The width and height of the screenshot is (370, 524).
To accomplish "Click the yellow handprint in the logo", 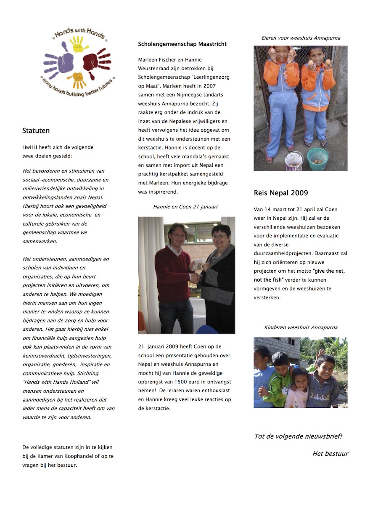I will tap(79, 44).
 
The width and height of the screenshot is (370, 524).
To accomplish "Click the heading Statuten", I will tap(36, 131).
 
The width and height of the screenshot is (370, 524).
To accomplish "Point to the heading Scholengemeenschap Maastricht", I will tap(182, 44).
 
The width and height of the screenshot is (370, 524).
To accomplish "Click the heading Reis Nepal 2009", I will tap(280, 193).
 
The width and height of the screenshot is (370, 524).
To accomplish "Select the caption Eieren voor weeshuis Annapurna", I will tap(301, 38).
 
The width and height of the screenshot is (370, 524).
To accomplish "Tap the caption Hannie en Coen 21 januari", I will tap(185, 207).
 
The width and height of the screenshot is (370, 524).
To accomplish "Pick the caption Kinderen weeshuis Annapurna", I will tap(301, 327).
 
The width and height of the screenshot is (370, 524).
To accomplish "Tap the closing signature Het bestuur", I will tap(330, 454).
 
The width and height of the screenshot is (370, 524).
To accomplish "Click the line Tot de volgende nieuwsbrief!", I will tap(298, 436).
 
